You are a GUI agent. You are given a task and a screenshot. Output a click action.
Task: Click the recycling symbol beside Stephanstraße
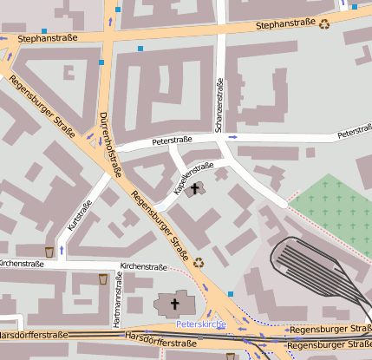click(x=324, y=25)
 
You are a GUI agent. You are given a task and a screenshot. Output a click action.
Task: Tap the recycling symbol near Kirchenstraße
click(x=199, y=262)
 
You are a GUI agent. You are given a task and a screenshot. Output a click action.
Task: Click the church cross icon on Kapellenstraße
click(x=195, y=188)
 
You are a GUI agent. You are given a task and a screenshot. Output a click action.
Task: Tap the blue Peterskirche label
click(x=201, y=324)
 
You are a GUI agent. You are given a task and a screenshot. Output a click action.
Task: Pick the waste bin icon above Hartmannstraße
click(x=104, y=278)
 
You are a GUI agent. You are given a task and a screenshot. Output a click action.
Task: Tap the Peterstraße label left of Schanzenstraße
click(x=172, y=140)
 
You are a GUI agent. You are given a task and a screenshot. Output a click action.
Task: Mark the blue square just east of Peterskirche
click(x=231, y=294)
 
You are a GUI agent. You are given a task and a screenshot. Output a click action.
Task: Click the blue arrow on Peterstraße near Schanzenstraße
click(x=232, y=136)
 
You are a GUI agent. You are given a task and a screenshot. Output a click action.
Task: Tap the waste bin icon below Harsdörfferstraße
click(x=230, y=356)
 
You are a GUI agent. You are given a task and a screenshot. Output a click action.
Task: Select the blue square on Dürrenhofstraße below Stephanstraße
click(x=102, y=62)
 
